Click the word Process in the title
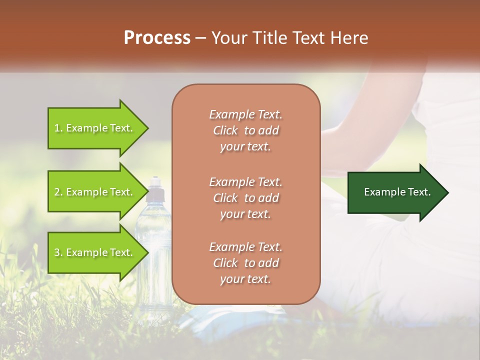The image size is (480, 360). tap(157, 38)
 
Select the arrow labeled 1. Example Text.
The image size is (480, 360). tap(95, 128)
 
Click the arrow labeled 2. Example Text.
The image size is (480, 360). tap(95, 192)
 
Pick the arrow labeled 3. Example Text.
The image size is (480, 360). tap(95, 252)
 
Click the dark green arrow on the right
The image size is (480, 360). tap(395, 192)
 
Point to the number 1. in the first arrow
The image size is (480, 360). tap(58, 128)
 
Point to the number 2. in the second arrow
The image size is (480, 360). tap(58, 192)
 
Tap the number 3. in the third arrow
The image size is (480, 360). tap(58, 252)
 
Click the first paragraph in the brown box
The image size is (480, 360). tap(245, 130)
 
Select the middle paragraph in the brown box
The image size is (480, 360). tap(245, 197)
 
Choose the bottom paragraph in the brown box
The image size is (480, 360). tap(245, 263)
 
